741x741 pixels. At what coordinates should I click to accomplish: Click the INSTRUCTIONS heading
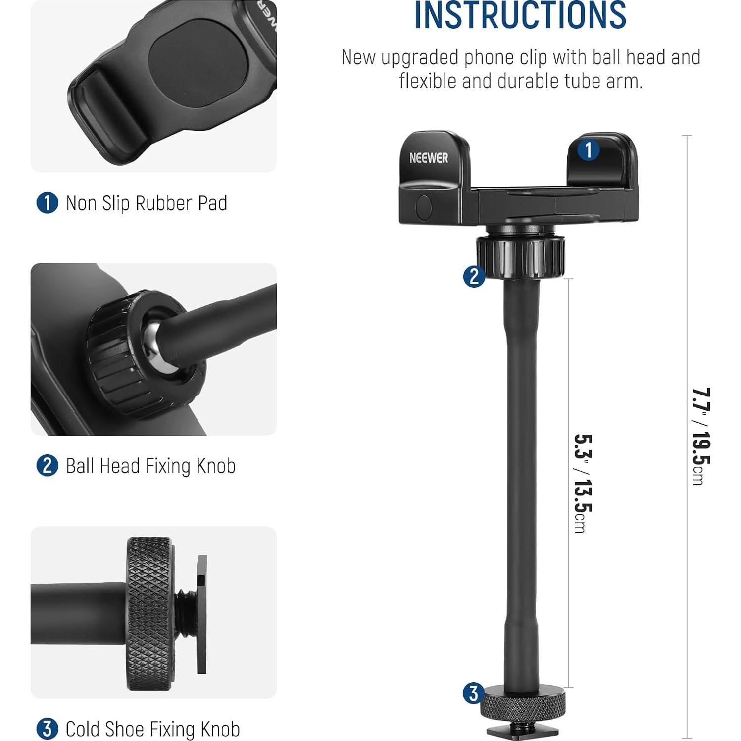click(x=520, y=16)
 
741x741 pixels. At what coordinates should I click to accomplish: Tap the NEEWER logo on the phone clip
click(x=429, y=158)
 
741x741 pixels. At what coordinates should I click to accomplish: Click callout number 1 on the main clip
click(x=588, y=150)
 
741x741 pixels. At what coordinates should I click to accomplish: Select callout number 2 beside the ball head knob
click(x=474, y=276)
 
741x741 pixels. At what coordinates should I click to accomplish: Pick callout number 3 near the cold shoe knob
click(x=473, y=693)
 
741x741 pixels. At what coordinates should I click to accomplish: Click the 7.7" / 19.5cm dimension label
click(x=701, y=436)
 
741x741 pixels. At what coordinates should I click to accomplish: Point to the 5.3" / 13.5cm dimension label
click(x=582, y=483)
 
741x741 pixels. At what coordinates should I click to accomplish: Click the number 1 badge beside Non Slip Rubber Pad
click(x=47, y=203)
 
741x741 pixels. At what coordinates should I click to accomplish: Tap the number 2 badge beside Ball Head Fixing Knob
click(x=47, y=466)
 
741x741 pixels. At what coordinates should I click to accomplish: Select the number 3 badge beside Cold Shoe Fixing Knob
click(x=47, y=729)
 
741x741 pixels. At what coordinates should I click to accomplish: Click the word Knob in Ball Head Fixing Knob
click(x=216, y=466)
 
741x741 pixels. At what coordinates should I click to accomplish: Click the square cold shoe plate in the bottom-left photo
click(x=201, y=614)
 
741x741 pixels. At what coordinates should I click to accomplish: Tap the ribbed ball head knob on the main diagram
click(x=520, y=256)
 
